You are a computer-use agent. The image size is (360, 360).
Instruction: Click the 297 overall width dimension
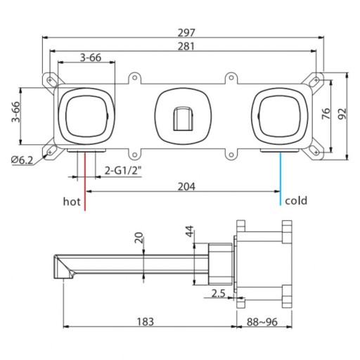click(186, 32)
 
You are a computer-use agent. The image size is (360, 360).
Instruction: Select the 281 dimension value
click(186, 46)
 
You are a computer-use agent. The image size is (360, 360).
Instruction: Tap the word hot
click(72, 201)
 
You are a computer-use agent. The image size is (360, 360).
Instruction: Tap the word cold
click(296, 200)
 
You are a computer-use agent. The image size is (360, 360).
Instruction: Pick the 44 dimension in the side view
click(189, 231)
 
